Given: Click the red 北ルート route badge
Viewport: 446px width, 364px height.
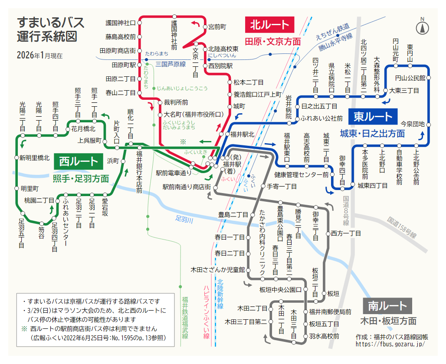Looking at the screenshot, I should click(x=270, y=24).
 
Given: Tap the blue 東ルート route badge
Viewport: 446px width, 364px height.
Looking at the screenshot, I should click(x=373, y=116).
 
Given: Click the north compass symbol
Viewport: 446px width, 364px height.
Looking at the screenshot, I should click(x=422, y=27).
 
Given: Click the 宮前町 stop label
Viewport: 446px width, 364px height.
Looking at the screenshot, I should click(x=217, y=27).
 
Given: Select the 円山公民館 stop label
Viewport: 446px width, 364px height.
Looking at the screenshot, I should click(x=410, y=78).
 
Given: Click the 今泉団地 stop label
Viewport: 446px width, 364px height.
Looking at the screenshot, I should click(x=412, y=124).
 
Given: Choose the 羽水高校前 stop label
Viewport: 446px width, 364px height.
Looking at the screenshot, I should click(x=324, y=336).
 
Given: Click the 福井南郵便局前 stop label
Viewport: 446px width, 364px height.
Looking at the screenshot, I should click(x=330, y=312).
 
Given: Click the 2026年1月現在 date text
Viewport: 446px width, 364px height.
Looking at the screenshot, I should click(x=39, y=56).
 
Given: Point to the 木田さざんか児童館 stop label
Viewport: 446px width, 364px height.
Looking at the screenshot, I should click(x=218, y=269).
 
